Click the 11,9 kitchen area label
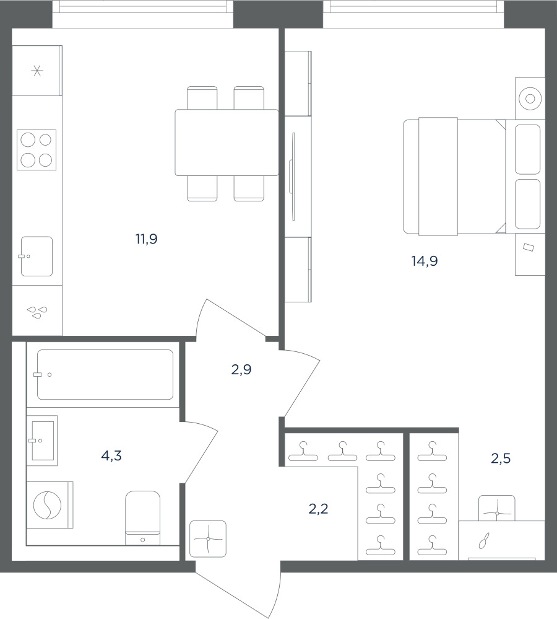point(147,239)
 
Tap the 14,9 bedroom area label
point(425,261)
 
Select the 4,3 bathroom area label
point(111,456)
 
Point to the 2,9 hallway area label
point(241,369)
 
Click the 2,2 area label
point(318,509)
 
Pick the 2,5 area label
point(501,459)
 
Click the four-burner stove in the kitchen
point(37,150)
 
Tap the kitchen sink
point(37,257)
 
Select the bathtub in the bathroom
point(105,374)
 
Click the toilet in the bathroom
point(143,518)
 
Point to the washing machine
point(50,505)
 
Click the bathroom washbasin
point(42,441)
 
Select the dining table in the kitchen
point(227,143)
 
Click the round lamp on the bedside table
point(530,99)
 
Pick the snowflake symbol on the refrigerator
point(38,71)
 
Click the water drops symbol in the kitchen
point(37,312)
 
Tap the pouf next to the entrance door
point(208,539)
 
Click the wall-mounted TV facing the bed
point(293,177)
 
